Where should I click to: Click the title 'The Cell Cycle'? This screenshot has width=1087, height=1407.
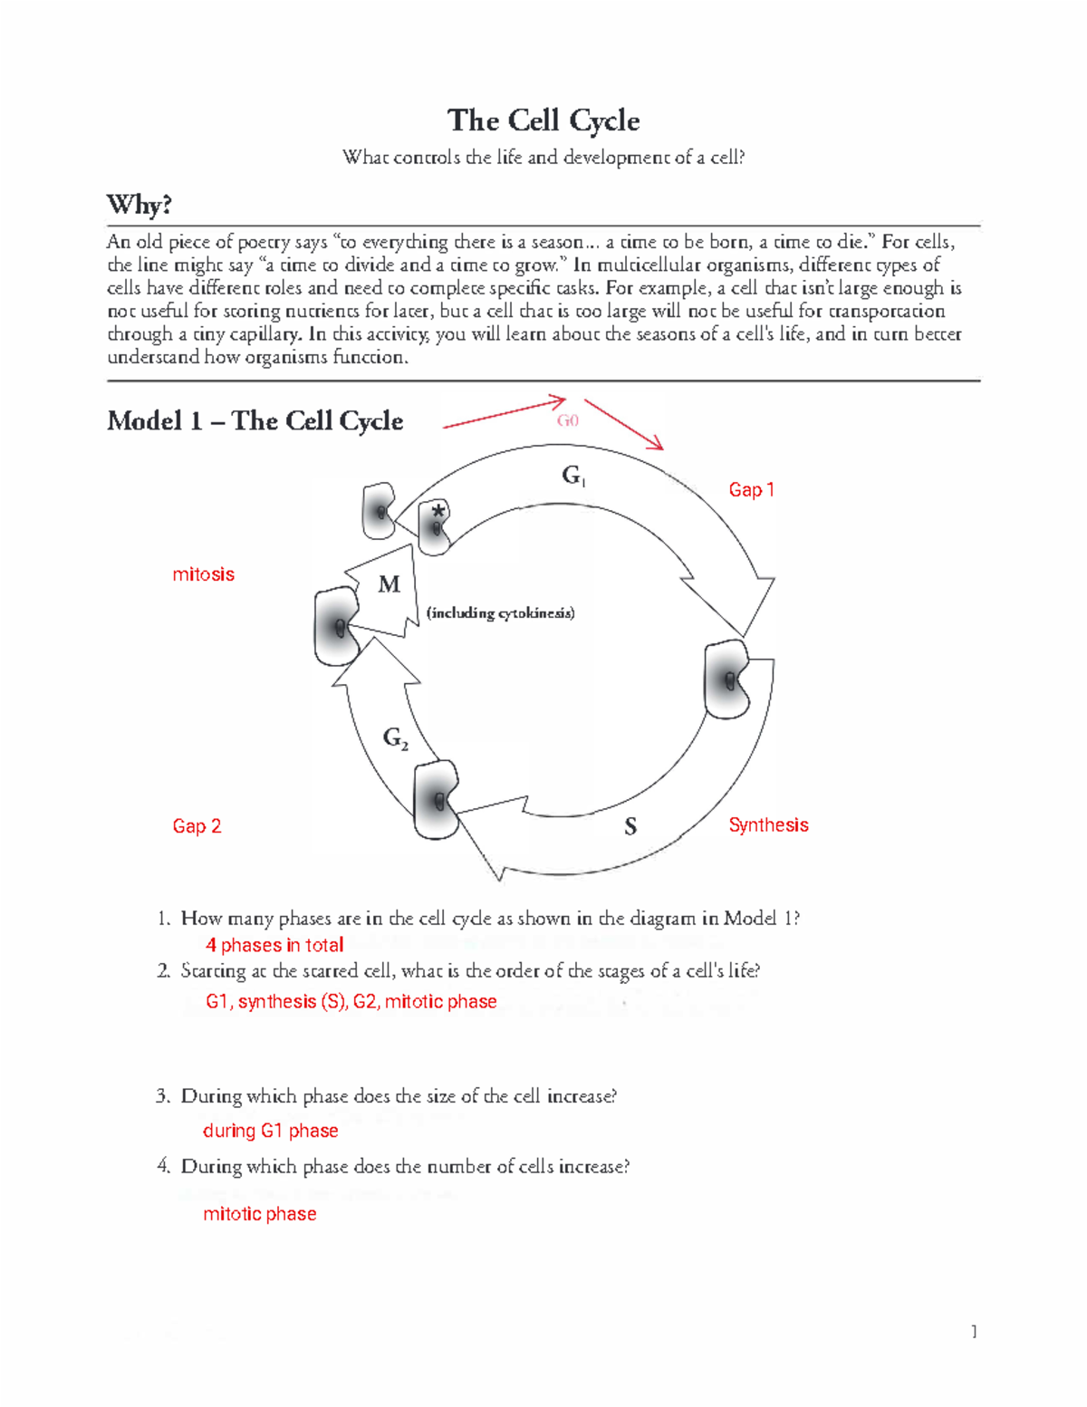point(543,120)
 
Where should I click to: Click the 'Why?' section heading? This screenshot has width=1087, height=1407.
point(139,205)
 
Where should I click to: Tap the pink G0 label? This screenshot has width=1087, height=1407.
point(568,420)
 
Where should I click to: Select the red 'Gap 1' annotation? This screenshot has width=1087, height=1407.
point(751,490)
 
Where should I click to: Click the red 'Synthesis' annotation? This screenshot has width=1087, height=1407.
point(768,825)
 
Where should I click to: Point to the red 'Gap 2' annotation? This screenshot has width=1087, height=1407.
point(197,826)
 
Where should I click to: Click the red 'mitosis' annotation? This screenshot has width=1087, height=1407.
point(203,574)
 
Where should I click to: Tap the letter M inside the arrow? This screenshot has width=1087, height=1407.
point(390,585)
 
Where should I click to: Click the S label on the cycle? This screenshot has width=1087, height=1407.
point(630,826)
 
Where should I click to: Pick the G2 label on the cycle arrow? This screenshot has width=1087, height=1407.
point(395,739)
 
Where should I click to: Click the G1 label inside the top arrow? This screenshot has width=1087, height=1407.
point(573,475)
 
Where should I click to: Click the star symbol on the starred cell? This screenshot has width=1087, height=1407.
point(439,511)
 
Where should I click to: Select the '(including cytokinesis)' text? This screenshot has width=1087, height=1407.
point(500,613)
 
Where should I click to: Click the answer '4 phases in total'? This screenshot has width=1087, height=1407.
point(274,946)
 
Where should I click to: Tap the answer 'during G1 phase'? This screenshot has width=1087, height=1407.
point(270,1131)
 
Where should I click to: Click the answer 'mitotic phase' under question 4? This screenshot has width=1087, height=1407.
point(259,1214)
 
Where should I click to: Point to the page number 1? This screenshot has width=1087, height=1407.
point(974,1332)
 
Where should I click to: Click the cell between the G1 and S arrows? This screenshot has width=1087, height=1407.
point(727,679)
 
